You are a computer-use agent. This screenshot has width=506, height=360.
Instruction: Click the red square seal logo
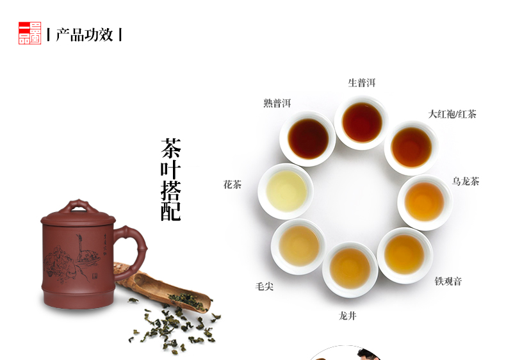pyautogui.click(x=29, y=33)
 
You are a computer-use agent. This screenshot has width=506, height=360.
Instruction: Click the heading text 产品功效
pyautogui.click(x=85, y=35)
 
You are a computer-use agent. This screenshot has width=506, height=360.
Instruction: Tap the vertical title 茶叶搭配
pyautogui.click(x=171, y=179)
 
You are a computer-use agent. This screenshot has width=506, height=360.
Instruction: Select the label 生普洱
pyautogui.click(x=362, y=83)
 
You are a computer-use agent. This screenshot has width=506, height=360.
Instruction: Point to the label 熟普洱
pyautogui.click(x=277, y=103)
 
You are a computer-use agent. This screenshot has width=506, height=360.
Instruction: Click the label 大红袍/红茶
pyautogui.click(x=452, y=114)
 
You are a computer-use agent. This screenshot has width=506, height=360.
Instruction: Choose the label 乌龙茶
pyautogui.click(x=466, y=181)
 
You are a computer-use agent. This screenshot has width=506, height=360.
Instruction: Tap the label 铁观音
pyautogui.click(x=448, y=281)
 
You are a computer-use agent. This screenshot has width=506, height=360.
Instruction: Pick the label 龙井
pyautogui.click(x=348, y=316)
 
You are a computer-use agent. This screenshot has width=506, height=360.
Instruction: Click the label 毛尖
pyautogui.click(x=265, y=286)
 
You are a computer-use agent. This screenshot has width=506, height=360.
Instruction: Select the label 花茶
pyautogui.click(x=233, y=184)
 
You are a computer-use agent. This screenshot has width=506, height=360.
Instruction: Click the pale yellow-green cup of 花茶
pyautogui.click(x=286, y=191)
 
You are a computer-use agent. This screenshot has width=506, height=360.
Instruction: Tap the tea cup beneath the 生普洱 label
pyautogui.click(x=362, y=123)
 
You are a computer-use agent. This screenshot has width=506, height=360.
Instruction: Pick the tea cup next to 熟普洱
pyautogui.click(x=308, y=139)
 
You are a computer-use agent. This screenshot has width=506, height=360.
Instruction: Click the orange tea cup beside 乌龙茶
pyautogui.click(x=425, y=202)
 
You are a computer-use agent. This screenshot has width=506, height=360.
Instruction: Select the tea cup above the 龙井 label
pyautogui.click(x=350, y=270)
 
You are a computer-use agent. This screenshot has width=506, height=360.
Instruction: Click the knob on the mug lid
pyautogui.click(x=78, y=206)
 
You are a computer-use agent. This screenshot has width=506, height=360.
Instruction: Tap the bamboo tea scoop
pyautogui.click(x=163, y=288)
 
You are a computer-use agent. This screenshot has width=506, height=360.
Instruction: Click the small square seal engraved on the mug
pyautogui.click(x=95, y=276)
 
